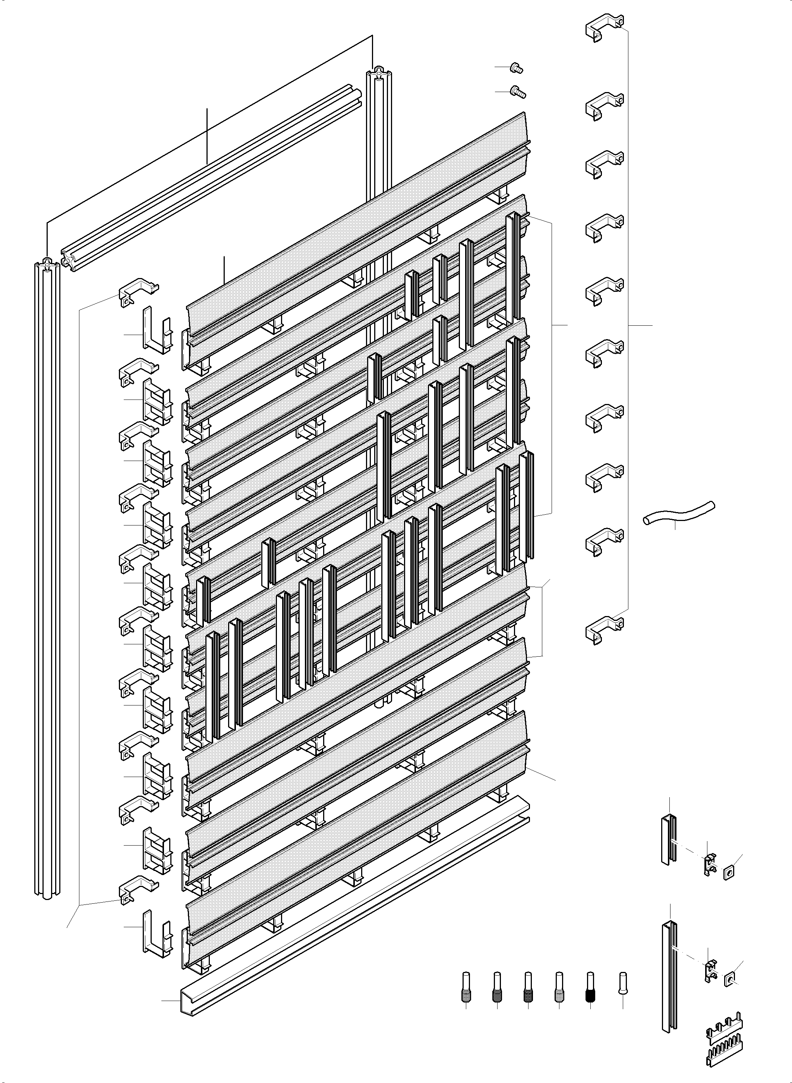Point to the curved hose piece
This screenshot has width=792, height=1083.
coord(678,513)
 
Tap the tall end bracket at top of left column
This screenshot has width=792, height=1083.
coord(156,331)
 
